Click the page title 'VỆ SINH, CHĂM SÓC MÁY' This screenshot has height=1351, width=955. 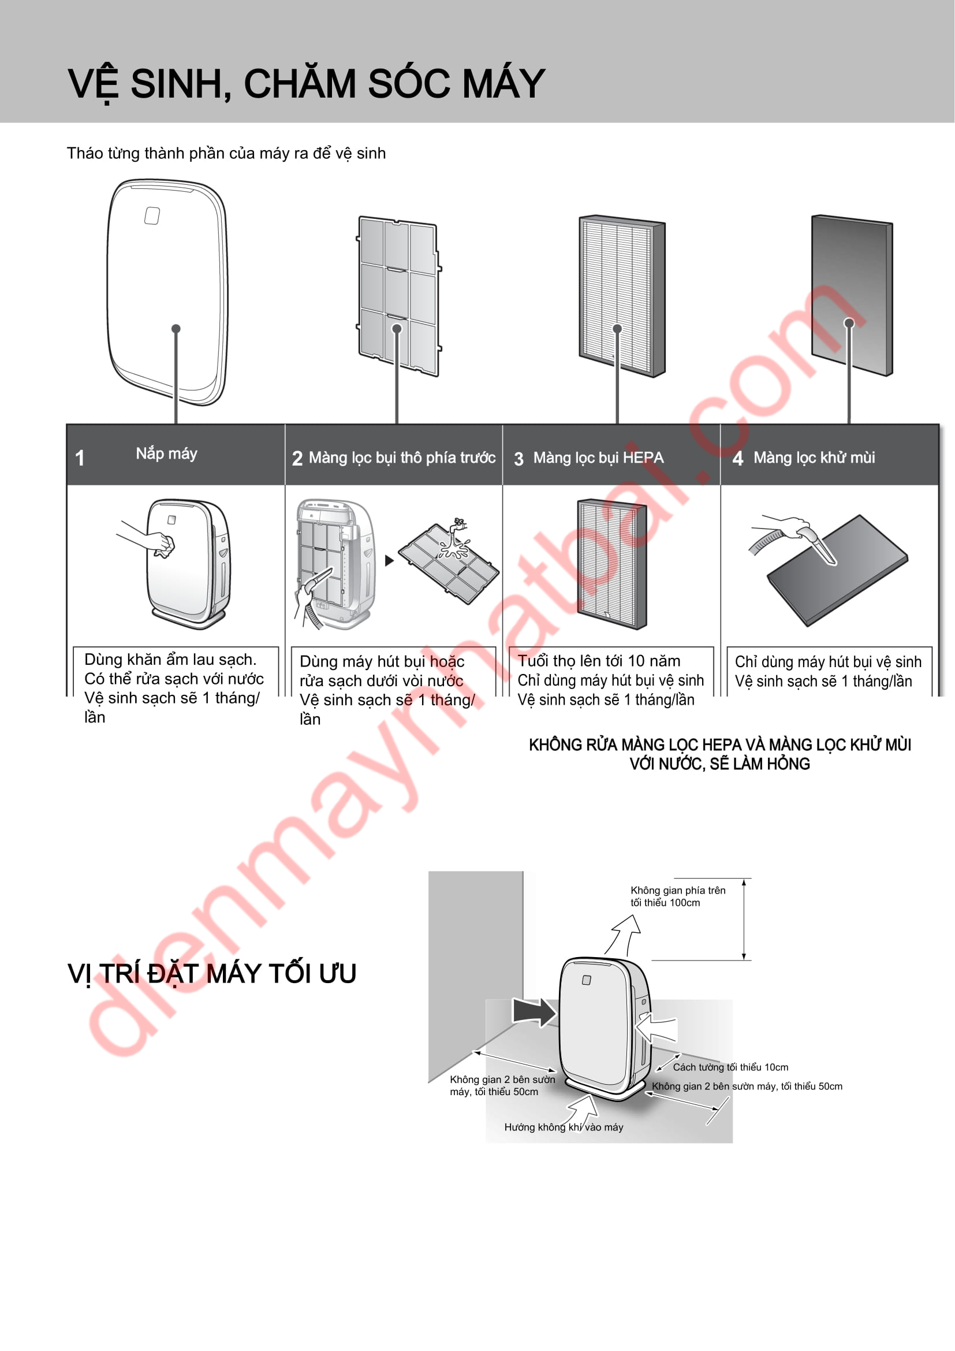[x=307, y=84]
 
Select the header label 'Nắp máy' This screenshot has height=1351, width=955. [x=166, y=453]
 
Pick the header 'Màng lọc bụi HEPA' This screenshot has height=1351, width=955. [x=598, y=458]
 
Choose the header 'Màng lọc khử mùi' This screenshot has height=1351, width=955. [x=814, y=457]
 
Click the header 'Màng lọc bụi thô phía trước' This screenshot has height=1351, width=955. [x=402, y=458]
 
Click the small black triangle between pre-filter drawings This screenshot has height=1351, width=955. [x=389, y=561]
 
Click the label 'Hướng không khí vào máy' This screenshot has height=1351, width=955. [x=564, y=1127]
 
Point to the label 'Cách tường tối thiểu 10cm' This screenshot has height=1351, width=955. [x=730, y=1067]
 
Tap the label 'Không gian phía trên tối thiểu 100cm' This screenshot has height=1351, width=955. [x=677, y=896]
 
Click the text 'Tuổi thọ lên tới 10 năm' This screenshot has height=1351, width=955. [x=599, y=661]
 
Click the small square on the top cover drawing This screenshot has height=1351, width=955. [x=152, y=215]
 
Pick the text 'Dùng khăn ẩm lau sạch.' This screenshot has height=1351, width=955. [x=170, y=660]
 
